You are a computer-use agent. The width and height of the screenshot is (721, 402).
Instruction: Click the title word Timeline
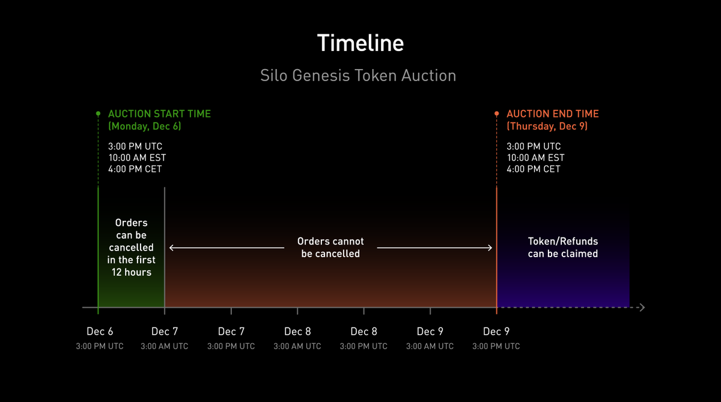[360, 44]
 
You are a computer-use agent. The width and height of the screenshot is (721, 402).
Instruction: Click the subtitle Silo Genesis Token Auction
[358, 76]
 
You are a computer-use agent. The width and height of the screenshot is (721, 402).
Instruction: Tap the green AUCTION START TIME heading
[159, 114]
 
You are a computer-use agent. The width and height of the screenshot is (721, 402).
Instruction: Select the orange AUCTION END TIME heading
[552, 114]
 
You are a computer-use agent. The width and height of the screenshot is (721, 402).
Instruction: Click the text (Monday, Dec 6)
[144, 126]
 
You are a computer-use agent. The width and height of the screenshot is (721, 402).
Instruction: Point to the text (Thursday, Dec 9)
[547, 126]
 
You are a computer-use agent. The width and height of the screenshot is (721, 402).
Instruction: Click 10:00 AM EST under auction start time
[137, 158]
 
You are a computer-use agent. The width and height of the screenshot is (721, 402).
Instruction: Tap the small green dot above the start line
[98, 113]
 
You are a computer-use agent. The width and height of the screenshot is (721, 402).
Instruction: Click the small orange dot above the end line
[496, 113]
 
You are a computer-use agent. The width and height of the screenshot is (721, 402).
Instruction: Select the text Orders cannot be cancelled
[330, 248]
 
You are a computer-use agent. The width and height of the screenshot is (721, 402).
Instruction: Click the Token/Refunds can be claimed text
[562, 248]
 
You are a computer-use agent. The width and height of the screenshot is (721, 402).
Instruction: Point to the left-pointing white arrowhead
[172, 248]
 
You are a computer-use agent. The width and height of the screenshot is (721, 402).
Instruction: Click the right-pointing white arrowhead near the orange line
[490, 248]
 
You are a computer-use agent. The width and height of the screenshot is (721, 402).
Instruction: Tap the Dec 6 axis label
[100, 332]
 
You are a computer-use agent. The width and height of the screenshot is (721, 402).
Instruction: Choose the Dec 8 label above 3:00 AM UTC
[297, 332]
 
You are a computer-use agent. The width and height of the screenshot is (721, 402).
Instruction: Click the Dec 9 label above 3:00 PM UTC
[496, 332]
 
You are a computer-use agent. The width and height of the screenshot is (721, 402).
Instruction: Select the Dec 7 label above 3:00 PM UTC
[231, 332]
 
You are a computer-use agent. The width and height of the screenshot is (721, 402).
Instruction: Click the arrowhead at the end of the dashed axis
[642, 308]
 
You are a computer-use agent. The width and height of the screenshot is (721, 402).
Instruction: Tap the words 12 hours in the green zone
[131, 272]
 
